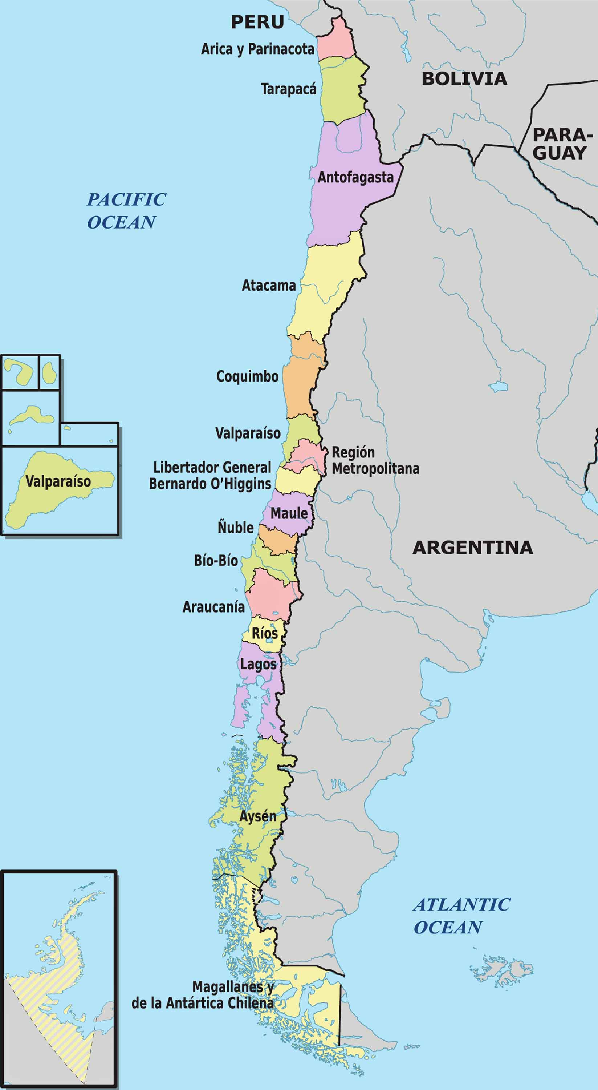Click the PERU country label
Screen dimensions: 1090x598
pyautogui.click(x=257, y=22)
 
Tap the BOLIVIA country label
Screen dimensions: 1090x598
pyautogui.click(x=464, y=79)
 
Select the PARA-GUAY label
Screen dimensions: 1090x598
pyautogui.click(x=560, y=144)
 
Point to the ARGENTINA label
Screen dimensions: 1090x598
pyautogui.click(x=472, y=548)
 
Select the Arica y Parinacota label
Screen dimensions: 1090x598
pyautogui.click(x=257, y=49)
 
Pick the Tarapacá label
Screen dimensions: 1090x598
pyautogui.click(x=288, y=89)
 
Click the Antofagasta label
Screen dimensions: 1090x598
pyautogui.click(x=355, y=177)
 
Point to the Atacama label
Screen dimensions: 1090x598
pyautogui.click(x=269, y=286)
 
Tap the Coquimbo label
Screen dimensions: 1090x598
pyautogui.click(x=247, y=376)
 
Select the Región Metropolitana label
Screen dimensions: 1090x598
pyautogui.click(x=375, y=460)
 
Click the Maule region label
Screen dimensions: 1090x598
pyautogui.click(x=289, y=513)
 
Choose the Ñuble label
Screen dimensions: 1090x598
pyautogui.click(x=236, y=528)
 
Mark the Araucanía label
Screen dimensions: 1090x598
pyautogui.click(x=213, y=607)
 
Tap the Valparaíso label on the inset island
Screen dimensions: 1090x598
pyautogui.click(x=58, y=481)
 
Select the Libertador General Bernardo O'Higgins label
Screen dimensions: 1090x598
pyautogui.click(x=210, y=476)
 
